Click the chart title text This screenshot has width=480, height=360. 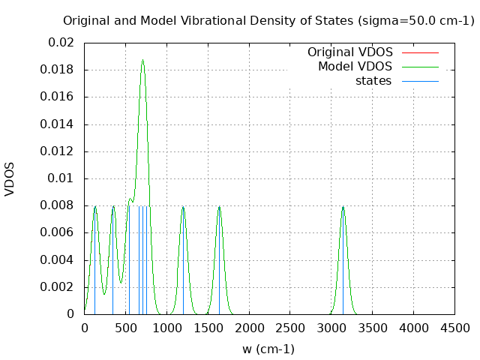268,21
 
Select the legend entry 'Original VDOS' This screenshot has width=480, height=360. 349,52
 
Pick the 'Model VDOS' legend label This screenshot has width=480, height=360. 355,67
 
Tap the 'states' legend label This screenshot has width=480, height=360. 373,80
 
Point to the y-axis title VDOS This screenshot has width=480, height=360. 10,178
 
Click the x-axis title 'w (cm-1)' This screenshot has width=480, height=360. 268,349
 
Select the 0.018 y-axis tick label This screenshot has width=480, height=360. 58,70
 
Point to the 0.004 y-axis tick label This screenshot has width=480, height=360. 58,259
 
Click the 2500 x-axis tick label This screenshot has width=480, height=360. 289,328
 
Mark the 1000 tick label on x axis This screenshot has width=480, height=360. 166,328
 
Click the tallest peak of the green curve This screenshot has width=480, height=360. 142,61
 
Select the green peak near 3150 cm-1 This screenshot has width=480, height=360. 343,206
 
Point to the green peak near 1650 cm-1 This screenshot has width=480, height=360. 219,206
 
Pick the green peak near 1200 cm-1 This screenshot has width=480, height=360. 182,206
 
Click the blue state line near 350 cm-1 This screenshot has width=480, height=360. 112,262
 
